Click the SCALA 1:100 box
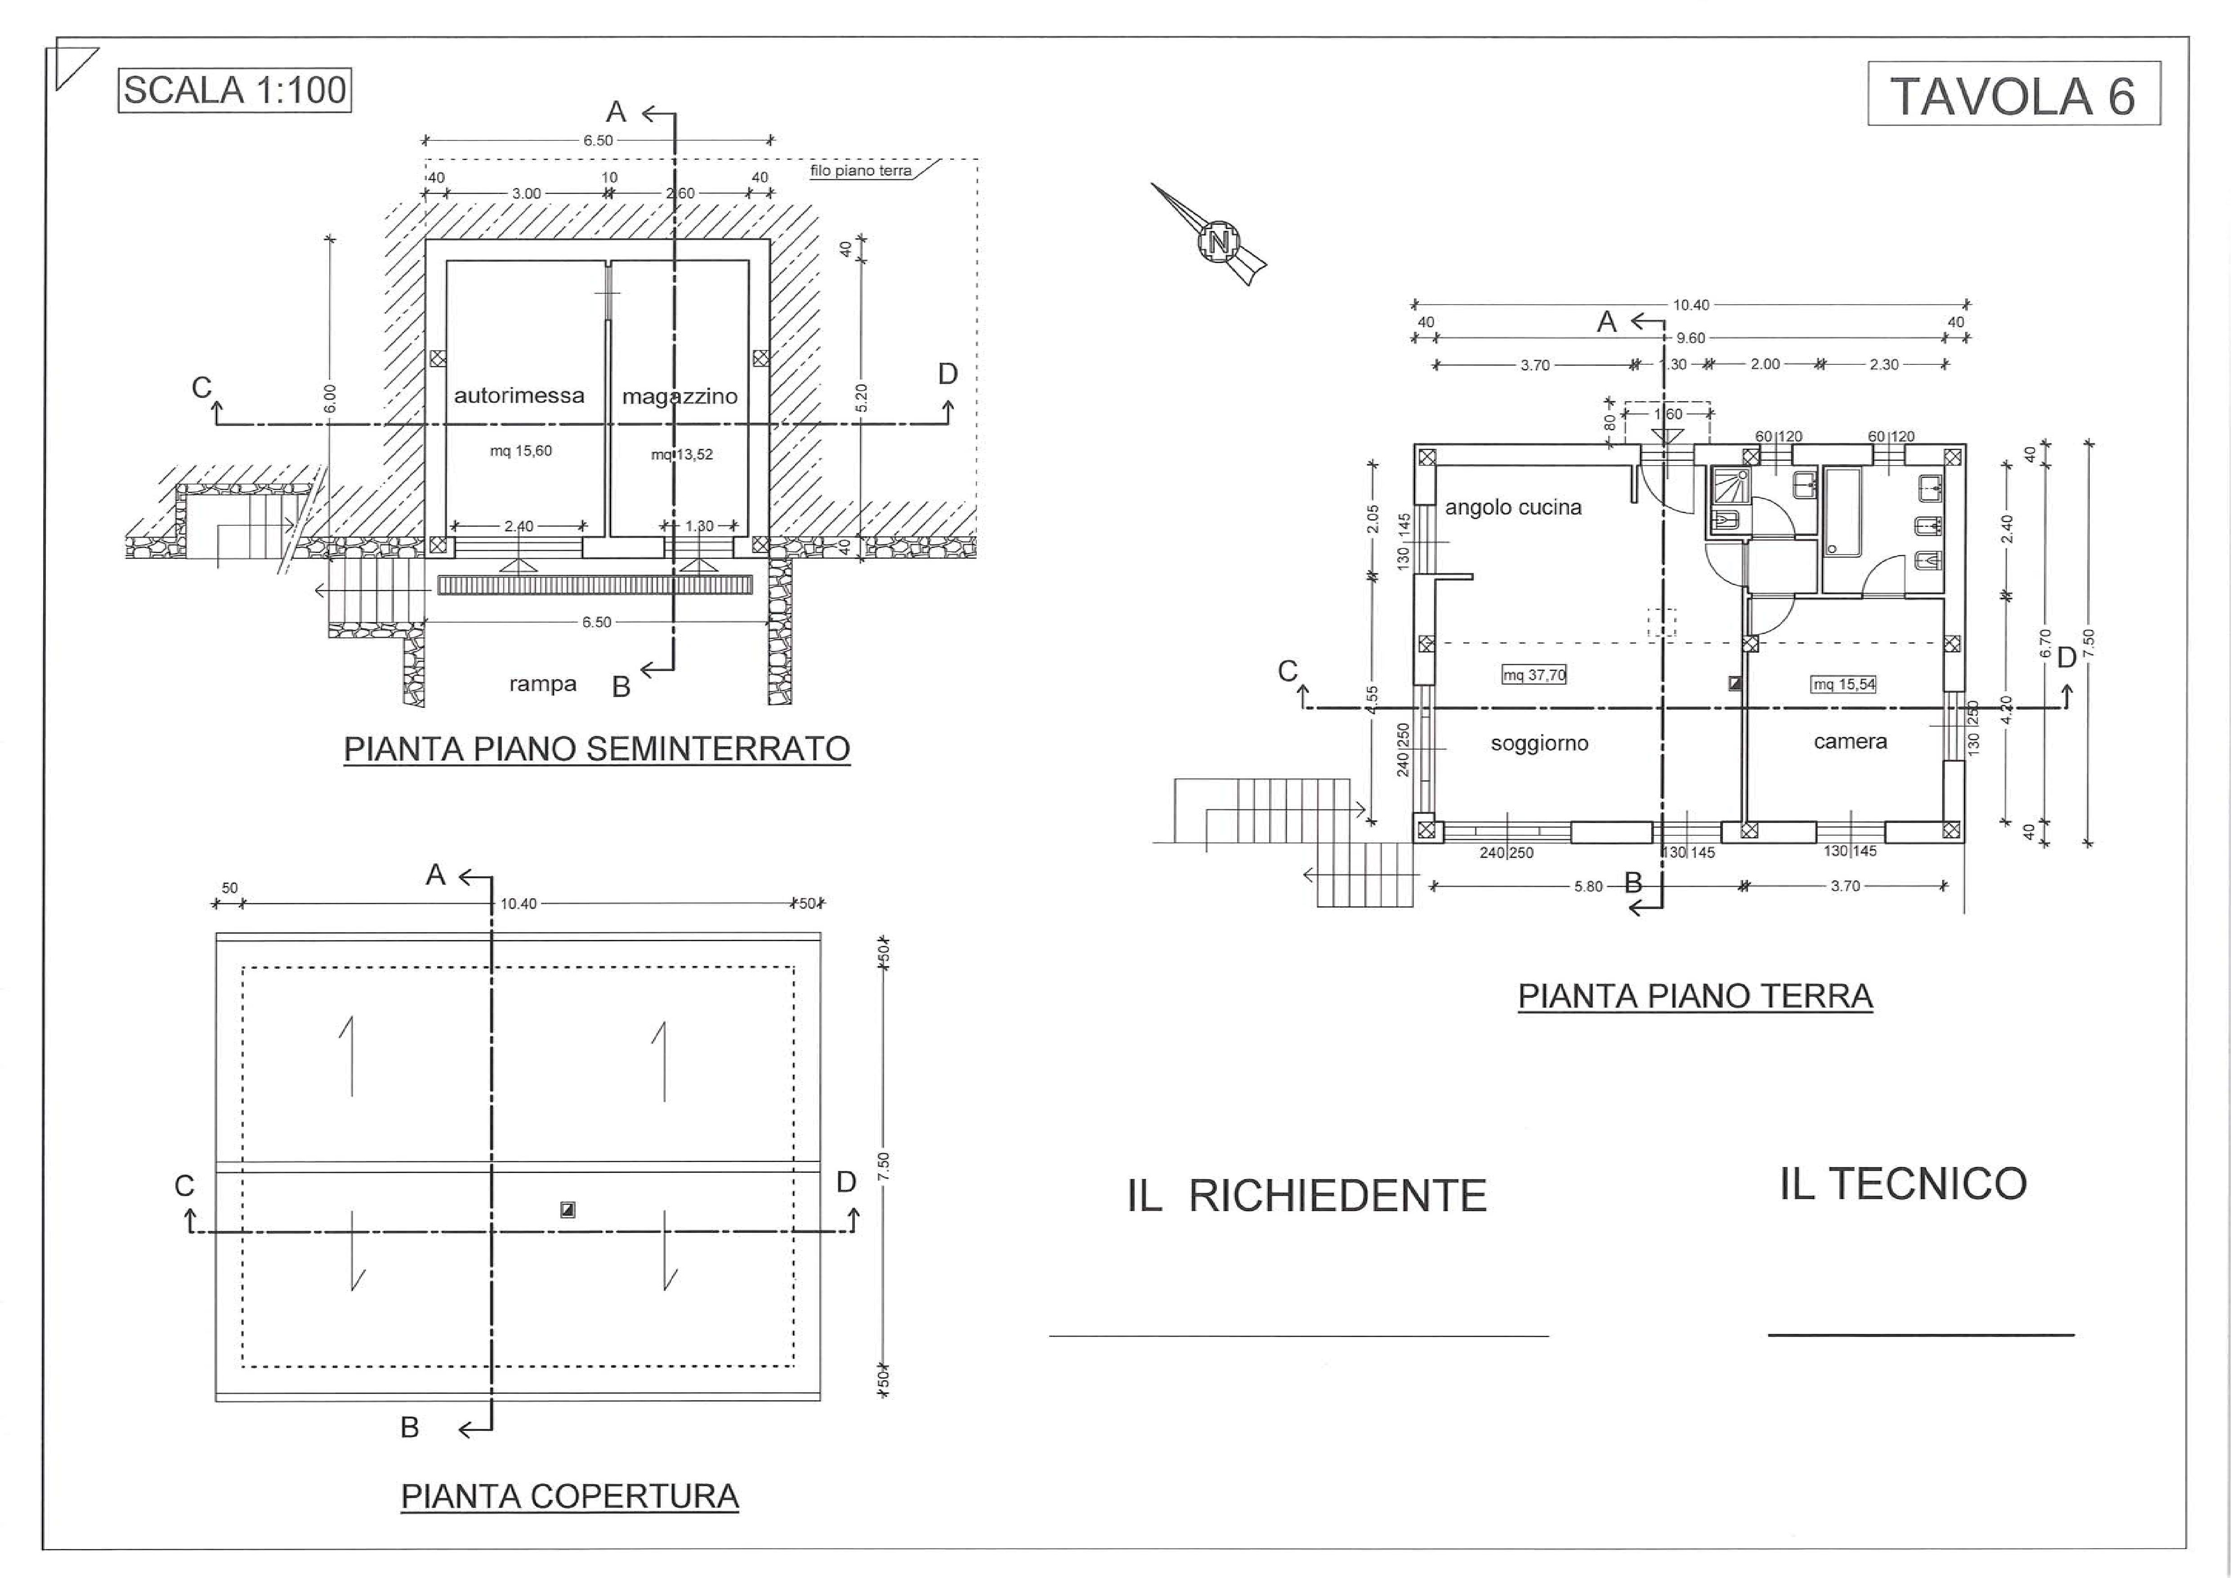[x=234, y=90]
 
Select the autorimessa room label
[x=519, y=395]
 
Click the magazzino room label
[x=679, y=396]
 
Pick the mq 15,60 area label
[x=521, y=451]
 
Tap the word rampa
[x=542, y=684]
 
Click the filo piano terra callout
[x=861, y=171]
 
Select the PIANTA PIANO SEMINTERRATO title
[x=597, y=749]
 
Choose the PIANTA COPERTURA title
[x=569, y=1497]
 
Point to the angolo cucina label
[x=1513, y=507]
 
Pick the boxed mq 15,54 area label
[x=1843, y=684]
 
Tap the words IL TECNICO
[x=1903, y=1183]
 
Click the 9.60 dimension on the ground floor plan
[x=1691, y=338]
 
